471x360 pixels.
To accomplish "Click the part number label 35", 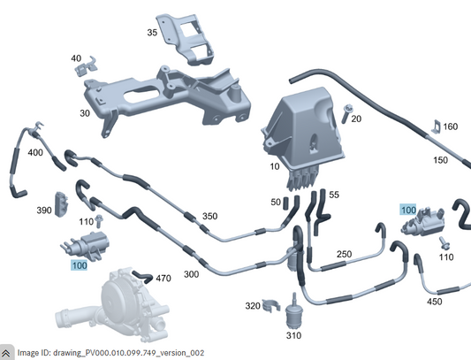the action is [x=152, y=32].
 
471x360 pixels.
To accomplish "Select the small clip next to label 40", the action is [x=87, y=66].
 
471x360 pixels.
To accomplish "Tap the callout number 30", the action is [x=85, y=113].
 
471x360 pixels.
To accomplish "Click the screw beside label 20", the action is [x=346, y=113].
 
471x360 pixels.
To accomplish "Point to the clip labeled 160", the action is [x=436, y=126].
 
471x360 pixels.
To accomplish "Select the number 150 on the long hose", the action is [x=440, y=160].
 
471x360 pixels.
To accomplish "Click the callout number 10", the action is [x=275, y=166].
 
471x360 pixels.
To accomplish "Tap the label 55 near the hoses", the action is [x=334, y=195].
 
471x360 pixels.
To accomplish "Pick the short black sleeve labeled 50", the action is [x=286, y=203].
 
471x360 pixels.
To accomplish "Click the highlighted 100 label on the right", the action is [x=408, y=210].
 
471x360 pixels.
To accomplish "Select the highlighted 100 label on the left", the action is [x=80, y=265].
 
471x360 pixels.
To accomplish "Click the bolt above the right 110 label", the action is [x=444, y=242].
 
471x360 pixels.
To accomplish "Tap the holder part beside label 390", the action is [x=61, y=204].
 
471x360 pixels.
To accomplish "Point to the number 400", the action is [x=35, y=152].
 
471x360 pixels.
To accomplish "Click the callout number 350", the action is [x=209, y=216].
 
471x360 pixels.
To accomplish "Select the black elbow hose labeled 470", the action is [x=142, y=276].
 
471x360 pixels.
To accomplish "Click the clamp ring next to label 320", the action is [x=271, y=305].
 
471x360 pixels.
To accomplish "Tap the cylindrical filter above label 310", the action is [x=294, y=313].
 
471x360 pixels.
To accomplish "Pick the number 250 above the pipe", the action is [x=344, y=254].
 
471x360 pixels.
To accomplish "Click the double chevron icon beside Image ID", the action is [x=6, y=353].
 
